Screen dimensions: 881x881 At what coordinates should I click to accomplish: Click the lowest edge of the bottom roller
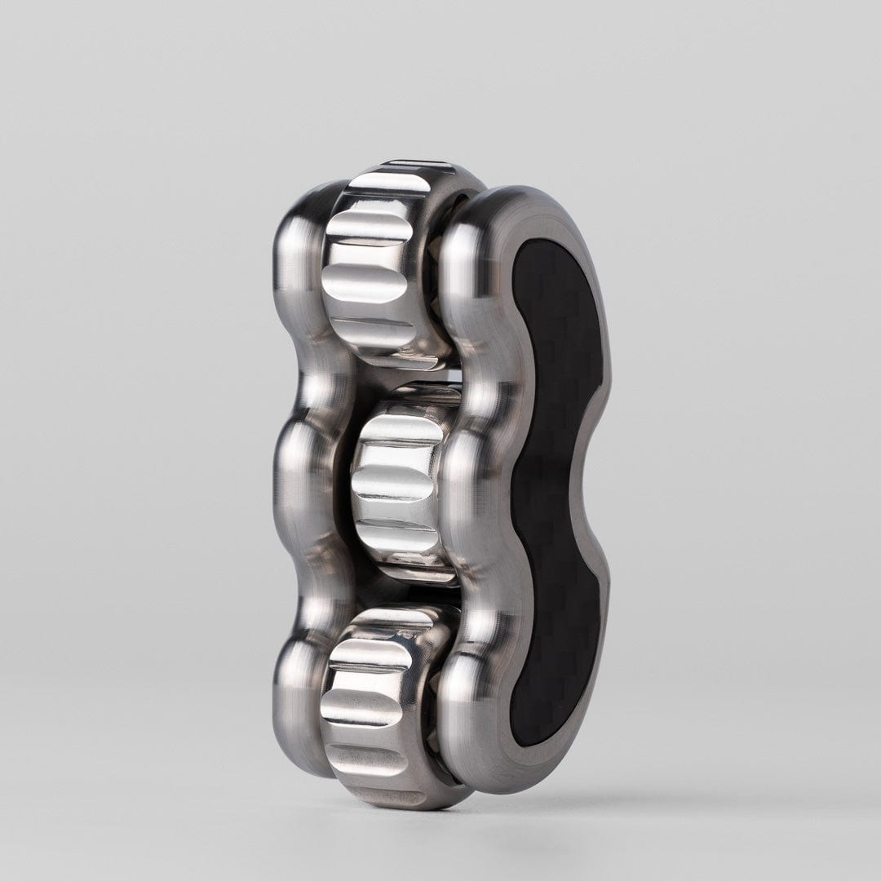pyautogui.click(x=400, y=795)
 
